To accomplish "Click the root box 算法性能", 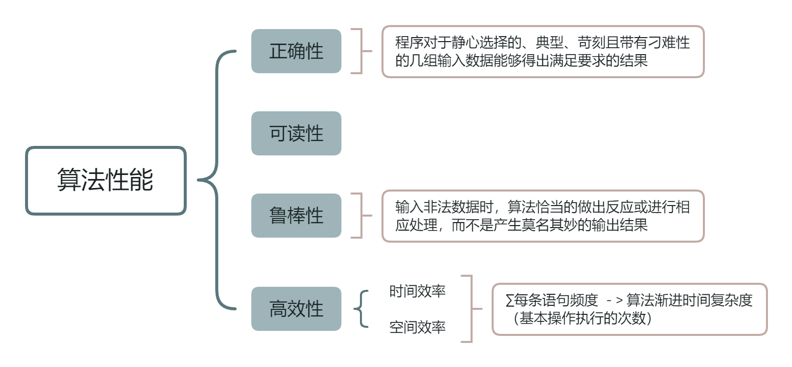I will pos(106,180).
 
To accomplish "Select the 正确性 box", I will pos(296,51).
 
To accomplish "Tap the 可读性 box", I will pos(296,133).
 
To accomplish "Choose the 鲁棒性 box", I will pos(296,216).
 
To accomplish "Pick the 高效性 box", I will pos(296,309).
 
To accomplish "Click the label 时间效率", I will pos(418,291).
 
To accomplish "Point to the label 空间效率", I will pos(418,327).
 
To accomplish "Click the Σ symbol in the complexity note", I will pos(510,300).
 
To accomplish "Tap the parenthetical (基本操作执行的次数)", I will pos(583,318).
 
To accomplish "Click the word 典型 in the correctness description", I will pos(549,43).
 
